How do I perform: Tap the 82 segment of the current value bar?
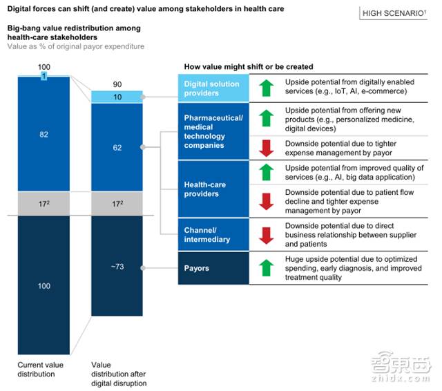click(x=44, y=135)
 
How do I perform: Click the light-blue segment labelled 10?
click(x=116, y=97)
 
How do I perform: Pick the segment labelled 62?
click(x=116, y=147)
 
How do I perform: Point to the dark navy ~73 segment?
click(x=116, y=267)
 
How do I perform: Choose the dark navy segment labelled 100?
click(x=44, y=285)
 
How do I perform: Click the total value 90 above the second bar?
click(x=116, y=83)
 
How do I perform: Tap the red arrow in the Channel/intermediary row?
click(x=266, y=235)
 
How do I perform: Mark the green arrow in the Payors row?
click(x=266, y=268)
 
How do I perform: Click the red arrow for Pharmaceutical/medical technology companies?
click(x=266, y=147)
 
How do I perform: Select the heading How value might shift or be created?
click(x=248, y=67)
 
